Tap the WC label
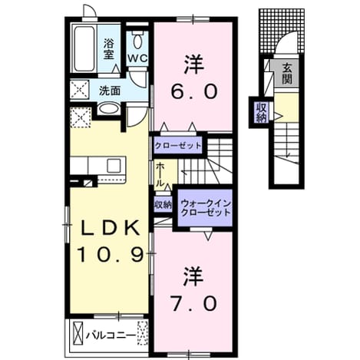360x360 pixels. pos(137,58)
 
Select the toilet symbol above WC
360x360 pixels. pos(137,40)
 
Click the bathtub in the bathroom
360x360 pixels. pos(84,48)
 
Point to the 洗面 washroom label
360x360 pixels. pos(110,91)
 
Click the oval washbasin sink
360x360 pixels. pos(109,108)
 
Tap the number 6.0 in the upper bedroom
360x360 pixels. pos(193,92)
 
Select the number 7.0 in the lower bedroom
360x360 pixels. pos(193,304)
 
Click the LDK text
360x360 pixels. pos(111,228)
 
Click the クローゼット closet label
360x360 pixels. pos(178,146)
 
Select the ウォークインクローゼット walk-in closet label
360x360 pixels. pos(206,208)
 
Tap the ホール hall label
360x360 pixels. pos(160,174)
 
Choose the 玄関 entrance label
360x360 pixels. pos(287,74)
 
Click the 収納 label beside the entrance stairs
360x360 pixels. pos(262,113)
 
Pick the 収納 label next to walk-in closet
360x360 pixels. pos(163,204)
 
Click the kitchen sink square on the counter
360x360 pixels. pos(114,166)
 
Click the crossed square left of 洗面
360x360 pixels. pos(80,89)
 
